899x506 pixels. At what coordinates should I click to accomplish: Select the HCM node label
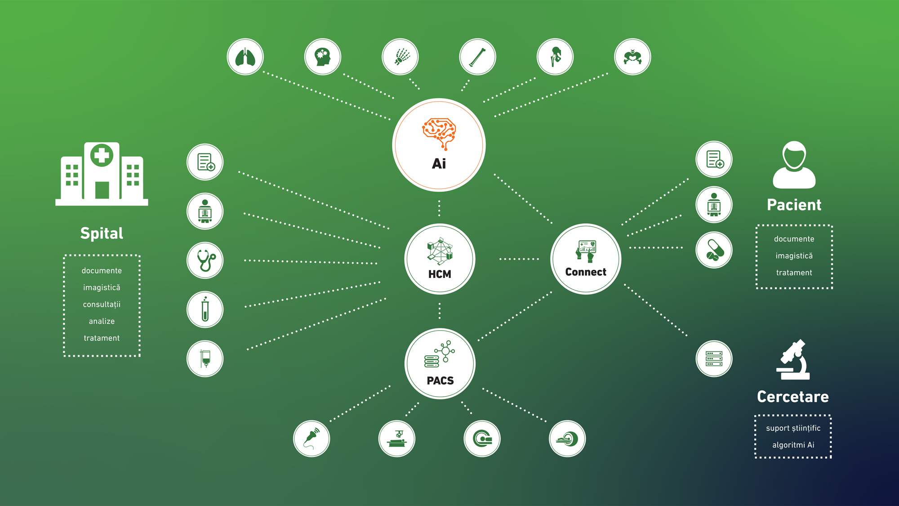click(440, 274)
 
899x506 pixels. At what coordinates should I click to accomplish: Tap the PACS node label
click(440, 381)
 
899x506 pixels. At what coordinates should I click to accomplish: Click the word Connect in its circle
click(586, 272)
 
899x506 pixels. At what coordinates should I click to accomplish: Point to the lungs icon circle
click(245, 57)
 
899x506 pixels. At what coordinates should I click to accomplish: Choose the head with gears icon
click(323, 57)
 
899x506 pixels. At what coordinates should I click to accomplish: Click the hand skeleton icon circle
click(400, 57)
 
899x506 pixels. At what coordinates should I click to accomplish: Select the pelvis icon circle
click(632, 57)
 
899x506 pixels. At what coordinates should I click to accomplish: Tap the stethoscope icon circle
click(205, 260)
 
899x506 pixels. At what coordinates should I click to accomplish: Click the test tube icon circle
click(205, 309)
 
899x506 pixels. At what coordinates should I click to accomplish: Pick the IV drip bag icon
click(205, 359)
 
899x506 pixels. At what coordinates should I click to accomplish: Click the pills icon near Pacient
click(714, 250)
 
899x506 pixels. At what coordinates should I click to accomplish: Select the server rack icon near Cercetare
click(714, 359)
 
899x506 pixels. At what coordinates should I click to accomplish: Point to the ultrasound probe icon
click(312, 439)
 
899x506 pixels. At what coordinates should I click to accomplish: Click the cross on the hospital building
click(102, 156)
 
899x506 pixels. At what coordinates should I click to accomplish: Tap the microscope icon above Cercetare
click(793, 360)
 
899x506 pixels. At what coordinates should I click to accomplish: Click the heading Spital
click(102, 233)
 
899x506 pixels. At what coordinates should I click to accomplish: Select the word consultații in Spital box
click(102, 304)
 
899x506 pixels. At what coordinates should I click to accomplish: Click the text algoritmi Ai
click(793, 445)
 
